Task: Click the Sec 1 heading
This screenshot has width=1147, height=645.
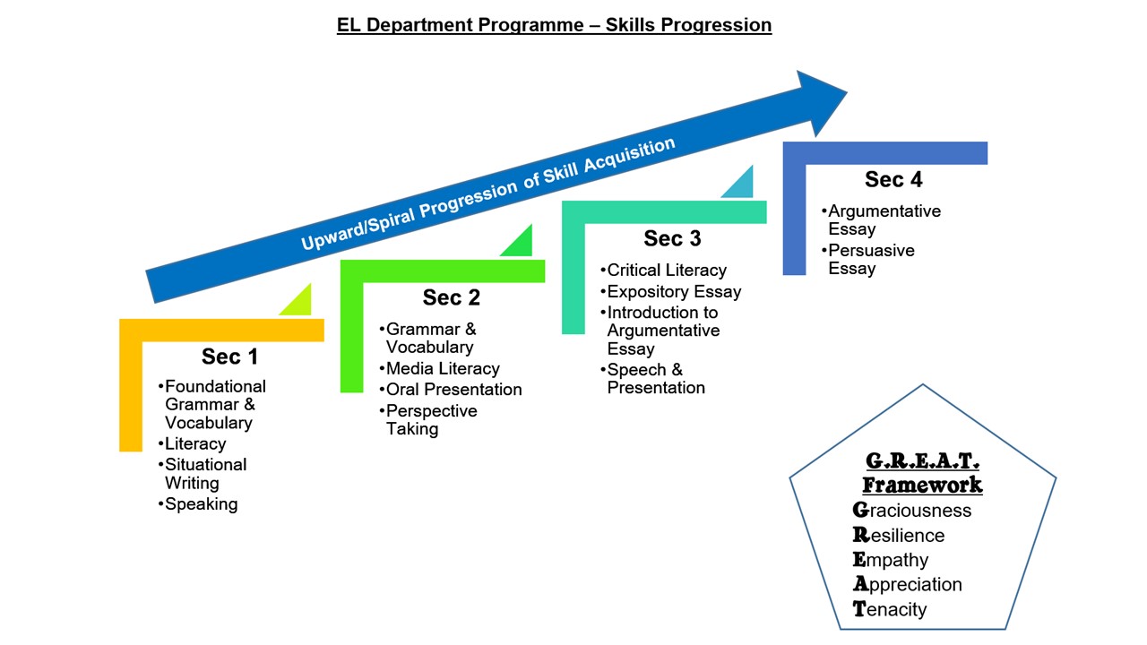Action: pos(229,357)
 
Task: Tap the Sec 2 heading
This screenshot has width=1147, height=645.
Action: pos(451,297)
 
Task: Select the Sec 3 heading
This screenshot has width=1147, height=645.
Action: pos(672,238)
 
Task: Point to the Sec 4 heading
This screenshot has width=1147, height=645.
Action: pos(893,180)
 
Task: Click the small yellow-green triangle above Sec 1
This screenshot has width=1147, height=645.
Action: pos(300,304)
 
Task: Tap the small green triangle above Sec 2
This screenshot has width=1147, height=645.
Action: pos(522,245)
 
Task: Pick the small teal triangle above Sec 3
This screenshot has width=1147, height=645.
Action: pos(743,185)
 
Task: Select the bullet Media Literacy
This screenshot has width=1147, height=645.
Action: pos(440,368)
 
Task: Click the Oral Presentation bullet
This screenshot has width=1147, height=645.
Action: pos(451,390)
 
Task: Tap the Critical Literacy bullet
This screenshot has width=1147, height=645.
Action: pos(664,271)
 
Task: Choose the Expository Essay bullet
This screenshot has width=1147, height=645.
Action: pos(671,292)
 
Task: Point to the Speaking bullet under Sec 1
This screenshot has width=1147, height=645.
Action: pos(198,504)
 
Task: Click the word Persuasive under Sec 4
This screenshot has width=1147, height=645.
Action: pos(872,250)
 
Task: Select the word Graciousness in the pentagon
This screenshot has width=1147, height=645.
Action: pos(912,511)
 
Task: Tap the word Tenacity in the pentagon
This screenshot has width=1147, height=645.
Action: pos(890,609)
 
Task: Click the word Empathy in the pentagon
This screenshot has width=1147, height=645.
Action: pos(891,560)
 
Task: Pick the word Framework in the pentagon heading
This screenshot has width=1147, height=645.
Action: pos(922,485)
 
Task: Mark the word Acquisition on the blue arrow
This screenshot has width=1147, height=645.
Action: pos(630,155)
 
